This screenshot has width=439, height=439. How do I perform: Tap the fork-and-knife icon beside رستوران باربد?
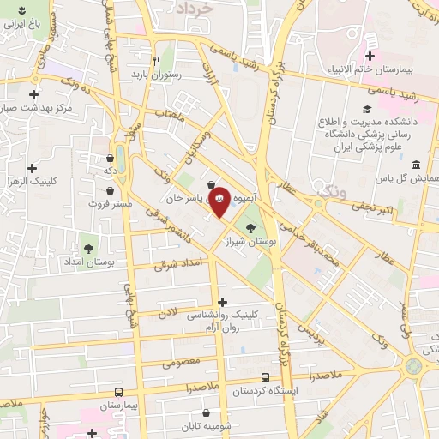click(155, 61)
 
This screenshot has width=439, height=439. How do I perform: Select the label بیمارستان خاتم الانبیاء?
click(370, 67)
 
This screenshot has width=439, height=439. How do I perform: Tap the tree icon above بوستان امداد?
click(88, 238)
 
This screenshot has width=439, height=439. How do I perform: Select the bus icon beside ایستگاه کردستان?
click(265, 377)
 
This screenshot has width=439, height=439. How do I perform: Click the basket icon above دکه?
click(110, 158)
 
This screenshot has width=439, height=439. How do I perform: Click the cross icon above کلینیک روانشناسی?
click(223, 302)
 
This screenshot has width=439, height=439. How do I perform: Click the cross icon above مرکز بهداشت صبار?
click(34, 94)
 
